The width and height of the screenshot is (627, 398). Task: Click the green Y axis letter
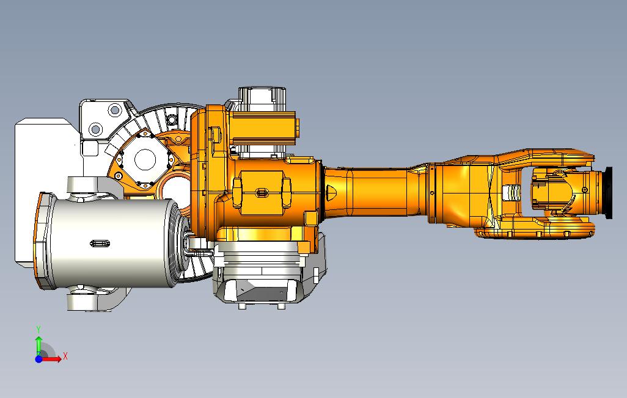tap(38, 330)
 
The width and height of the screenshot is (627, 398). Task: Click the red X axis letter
tap(65, 356)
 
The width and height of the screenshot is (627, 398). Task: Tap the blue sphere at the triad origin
tap(38, 360)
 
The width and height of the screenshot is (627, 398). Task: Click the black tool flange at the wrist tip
tap(609, 193)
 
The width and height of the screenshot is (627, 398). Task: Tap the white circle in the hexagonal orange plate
tap(145, 159)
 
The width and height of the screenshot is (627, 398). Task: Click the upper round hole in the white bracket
tap(115, 110)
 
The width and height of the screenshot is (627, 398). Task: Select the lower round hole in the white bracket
tap(95, 129)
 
